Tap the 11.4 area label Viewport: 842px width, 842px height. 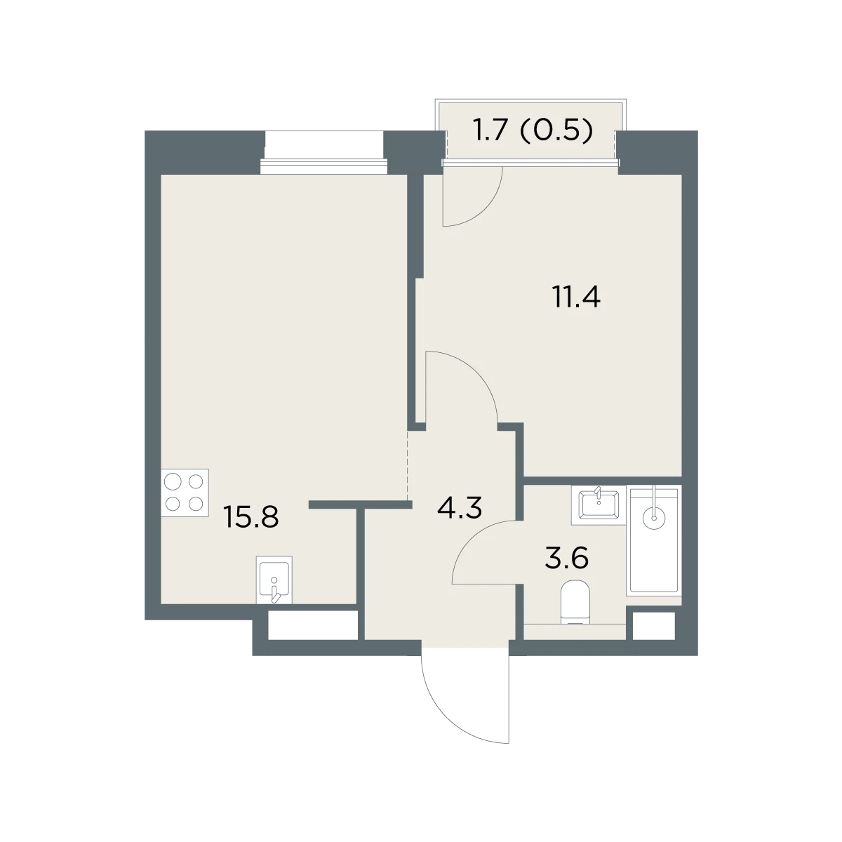(576, 297)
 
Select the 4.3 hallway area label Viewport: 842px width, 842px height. (459, 508)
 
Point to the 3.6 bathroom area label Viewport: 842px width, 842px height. (567, 558)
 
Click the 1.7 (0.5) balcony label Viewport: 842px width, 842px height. (533, 131)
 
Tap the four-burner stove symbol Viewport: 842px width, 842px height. (185, 493)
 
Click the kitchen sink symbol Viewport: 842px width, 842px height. (274, 580)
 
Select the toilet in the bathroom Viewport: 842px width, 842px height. (575, 601)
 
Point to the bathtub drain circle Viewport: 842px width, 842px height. (654, 519)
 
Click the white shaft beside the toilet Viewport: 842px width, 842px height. (654, 626)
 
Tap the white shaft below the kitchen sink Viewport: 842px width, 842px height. (313, 626)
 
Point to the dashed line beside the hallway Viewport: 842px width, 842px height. (407, 466)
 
